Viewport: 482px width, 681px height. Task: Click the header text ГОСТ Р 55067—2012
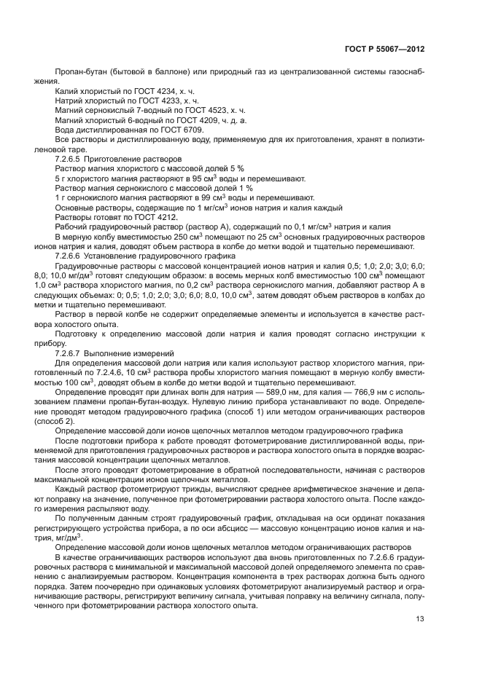pos(384,49)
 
